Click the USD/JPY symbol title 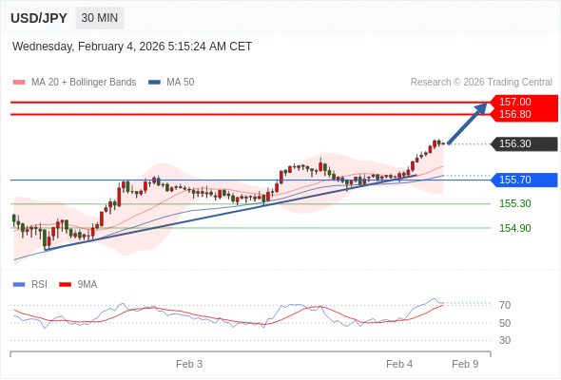(39, 18)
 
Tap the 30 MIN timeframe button (100, 18)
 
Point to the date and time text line (132, 46)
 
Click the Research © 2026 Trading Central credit (481, 83)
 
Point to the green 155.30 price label (514, 203)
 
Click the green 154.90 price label (514, 228)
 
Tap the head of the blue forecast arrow (482, 107)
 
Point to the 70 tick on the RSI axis (505, 305)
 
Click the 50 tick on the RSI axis (505, 323)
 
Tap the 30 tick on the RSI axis (505, 340)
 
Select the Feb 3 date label (189, 364)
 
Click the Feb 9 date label (465, 364)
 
